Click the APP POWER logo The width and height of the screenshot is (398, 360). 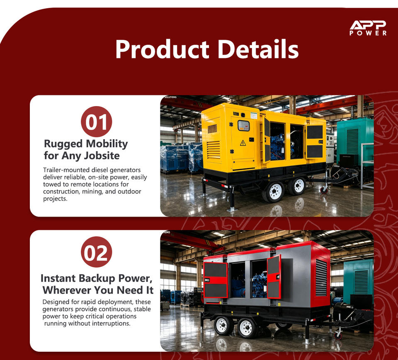(368, 28)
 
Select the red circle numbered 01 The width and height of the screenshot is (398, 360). (96, 122)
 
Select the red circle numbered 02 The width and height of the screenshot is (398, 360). (96, 252)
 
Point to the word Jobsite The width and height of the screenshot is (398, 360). (102, 155)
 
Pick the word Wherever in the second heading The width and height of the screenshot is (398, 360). (66, 290)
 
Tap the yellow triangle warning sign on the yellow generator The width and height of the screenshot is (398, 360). (243, 143)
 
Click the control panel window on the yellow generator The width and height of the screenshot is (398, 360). (243, 126)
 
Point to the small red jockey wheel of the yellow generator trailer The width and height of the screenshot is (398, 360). (324, 189)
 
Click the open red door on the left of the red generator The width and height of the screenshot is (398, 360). (216, 280)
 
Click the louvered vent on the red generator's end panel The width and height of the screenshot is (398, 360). (321, 278)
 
